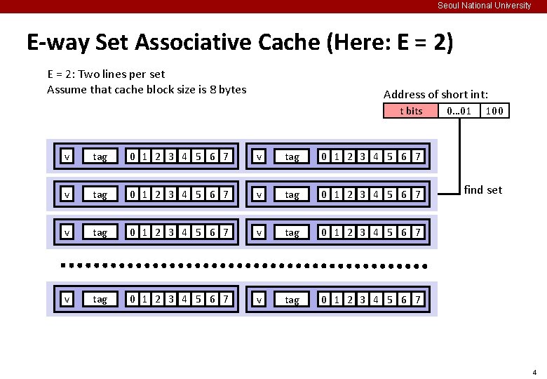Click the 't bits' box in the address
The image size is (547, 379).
coord(411,111)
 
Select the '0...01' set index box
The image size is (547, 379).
coord(459,111)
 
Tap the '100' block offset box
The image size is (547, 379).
coord(495,111)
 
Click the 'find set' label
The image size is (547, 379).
coord(483,189)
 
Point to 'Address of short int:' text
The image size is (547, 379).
coord(435,94)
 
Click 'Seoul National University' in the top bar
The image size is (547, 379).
coord(485,6)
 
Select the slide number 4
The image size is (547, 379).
coord(534,372)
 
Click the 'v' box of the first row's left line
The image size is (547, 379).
coord(67,157)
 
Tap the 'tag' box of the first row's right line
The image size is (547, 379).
coord(292,157)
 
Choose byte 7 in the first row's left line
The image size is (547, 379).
coord(225,157)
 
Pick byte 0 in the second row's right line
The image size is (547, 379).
coord(323,194)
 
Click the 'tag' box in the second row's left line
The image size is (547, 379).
coord(100,194)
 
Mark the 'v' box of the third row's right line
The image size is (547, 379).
coord(259,232)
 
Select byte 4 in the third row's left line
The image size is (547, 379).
coord(185,232)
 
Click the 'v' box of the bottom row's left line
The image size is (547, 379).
coord(67,300)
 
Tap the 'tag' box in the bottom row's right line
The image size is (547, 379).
coord(292,300)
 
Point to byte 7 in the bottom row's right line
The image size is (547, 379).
coord(417,300)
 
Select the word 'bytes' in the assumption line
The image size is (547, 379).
coord(232,89)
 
